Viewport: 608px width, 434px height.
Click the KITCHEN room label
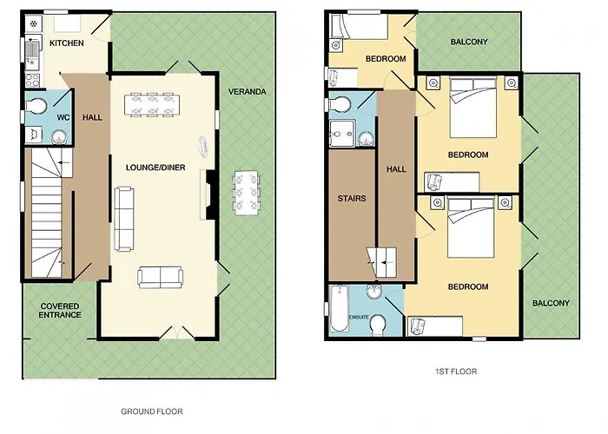[67, 43]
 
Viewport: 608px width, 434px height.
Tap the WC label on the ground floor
[63, 117]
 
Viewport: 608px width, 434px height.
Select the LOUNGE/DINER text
[155, 168]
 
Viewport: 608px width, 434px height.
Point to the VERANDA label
[247, 92]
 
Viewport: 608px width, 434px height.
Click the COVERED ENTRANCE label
[60, 311]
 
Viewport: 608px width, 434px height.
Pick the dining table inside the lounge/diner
[152, 105]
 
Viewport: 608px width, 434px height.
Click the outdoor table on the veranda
[246, 193]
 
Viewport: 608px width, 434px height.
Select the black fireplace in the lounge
[210, 195]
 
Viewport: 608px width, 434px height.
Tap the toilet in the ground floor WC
[36, 106]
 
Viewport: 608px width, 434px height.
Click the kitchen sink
[33, 52]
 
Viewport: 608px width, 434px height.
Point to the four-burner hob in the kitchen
[32, 80]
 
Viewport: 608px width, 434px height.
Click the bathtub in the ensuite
[340, 308]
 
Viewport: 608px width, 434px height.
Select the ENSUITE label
[360, 317]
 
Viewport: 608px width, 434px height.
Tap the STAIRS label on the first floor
[352, 199]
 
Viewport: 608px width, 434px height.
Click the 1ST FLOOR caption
[456, 372]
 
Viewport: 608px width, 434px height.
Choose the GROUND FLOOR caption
[152, 411]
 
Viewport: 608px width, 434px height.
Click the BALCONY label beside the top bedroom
[469, 42]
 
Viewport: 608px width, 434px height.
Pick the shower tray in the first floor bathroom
[341, 134]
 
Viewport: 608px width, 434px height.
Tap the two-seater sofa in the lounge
[160, 278]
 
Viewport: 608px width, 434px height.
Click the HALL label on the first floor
[396, 169]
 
